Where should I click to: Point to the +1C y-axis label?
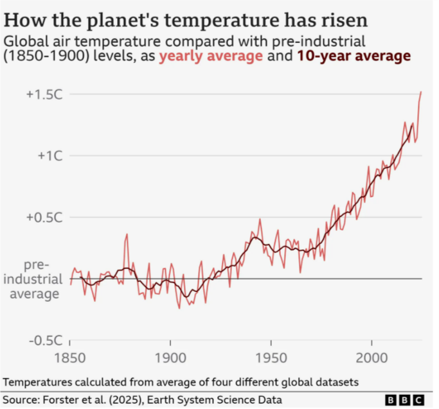pos(48,155)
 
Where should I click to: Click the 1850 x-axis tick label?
pos(69,357)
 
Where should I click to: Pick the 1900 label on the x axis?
pos(170,357)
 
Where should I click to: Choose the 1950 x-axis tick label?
pos(271,357)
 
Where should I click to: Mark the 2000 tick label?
pos(372,357)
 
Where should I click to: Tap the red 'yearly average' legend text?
pos(211,56)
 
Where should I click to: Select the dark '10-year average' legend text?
pos(354,56)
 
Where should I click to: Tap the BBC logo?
pos(408,399)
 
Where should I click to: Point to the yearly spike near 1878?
pos(126,236)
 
